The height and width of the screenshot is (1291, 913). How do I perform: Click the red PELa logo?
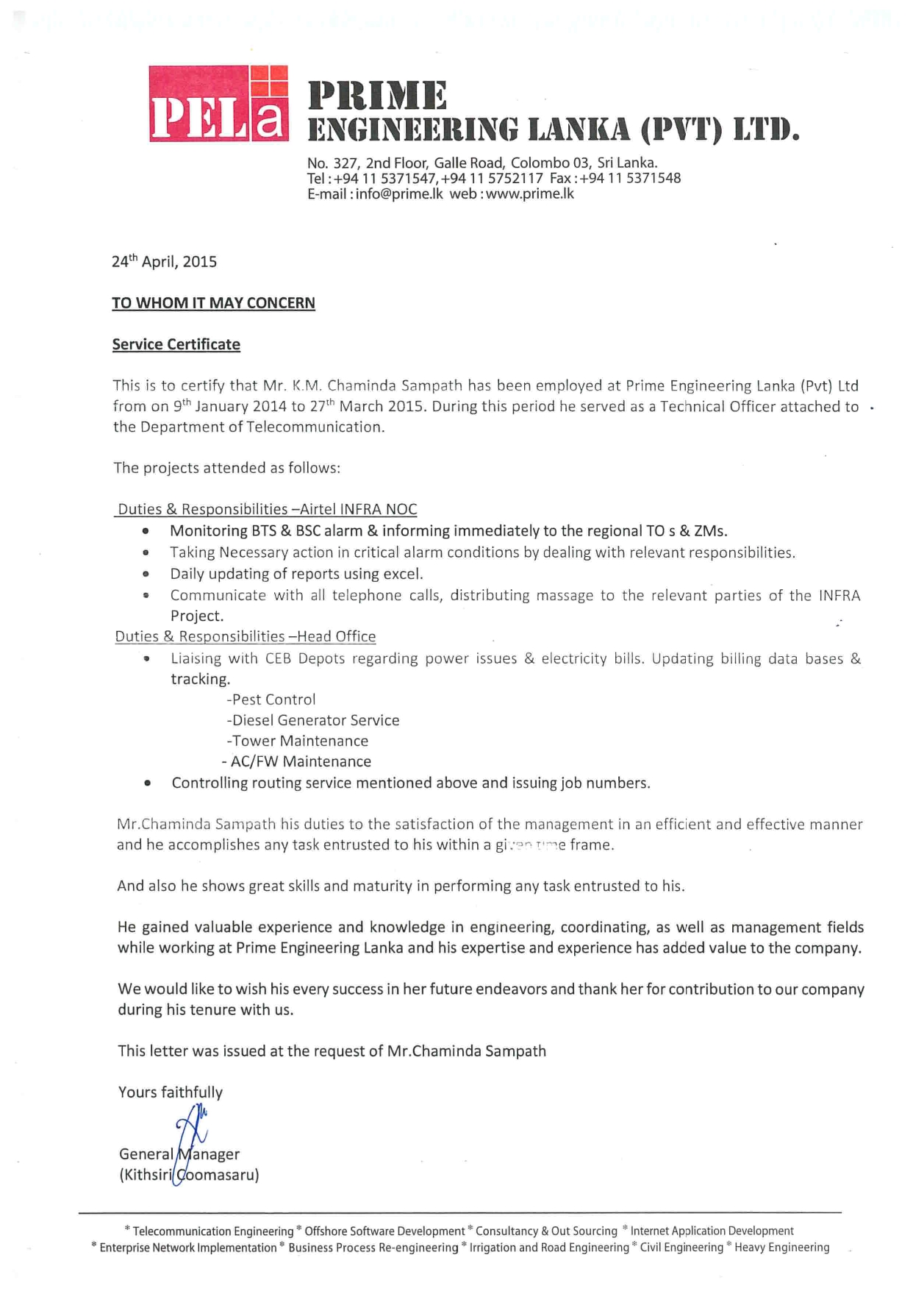pyautogui.click(x=218, y=104)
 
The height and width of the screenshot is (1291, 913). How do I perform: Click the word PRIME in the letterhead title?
pyautogui.click(x=377, y=95)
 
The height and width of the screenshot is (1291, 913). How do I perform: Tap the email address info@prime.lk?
pyautogui.click(x=399, y=194)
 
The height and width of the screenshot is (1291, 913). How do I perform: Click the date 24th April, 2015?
pyautogui.click(x=164, y=262)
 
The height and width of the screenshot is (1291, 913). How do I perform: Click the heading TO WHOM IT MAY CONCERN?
pyautogui.click(x=213, y=303)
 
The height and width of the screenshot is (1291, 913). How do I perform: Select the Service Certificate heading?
pyautogui.click(x=176, y=344)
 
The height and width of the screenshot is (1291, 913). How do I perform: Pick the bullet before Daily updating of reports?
pyautogui.click(x=147, y=574)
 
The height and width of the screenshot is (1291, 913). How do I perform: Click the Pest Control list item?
pyautogui.click(x=271, y=700)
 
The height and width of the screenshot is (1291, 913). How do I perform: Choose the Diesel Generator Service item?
pyautogui.click(x=313, y=720)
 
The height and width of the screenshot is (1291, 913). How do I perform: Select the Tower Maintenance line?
pyautogui.click(x=298, y=741)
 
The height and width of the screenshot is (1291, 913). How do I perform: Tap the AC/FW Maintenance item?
pyautogui.click(x=297, y=761)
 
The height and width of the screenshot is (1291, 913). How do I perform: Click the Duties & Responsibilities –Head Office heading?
pyautogui.click(x=246, y=636)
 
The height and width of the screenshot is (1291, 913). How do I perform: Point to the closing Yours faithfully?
pyautogui.click(x=171, y=1092)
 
